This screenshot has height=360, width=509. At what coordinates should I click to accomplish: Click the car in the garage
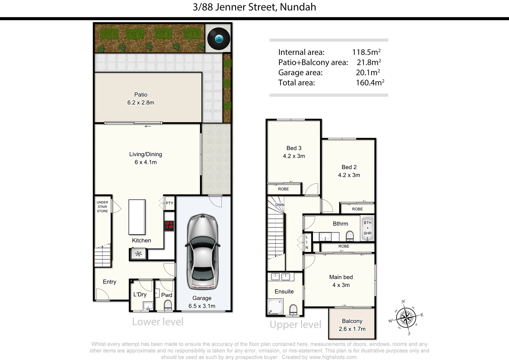(x=203, y=252)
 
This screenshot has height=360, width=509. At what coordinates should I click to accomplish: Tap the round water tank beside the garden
(x=219, y=39)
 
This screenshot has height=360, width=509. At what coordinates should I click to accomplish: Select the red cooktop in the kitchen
(x=169, y=226)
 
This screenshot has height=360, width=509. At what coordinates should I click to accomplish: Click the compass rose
(x=406, y=318)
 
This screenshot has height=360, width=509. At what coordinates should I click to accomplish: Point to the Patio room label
(x=141, y=95)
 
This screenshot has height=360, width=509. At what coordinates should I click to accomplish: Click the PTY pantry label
(x=169, y=203)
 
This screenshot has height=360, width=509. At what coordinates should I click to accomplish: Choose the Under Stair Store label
(x=102, y=207)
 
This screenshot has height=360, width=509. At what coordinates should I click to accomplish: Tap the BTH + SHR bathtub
(x=367, y=228)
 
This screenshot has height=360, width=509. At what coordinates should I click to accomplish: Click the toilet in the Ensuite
(x=293, y=310)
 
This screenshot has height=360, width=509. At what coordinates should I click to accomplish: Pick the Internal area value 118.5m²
(x=366, y=52)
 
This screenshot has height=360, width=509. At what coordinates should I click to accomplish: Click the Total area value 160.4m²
(x=370, y=83)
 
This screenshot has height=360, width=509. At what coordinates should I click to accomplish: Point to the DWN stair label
(x=280, y=205)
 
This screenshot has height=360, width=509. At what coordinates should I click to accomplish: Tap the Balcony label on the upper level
(x=352, y=321)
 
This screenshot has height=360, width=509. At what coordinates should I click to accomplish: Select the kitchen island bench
(x=137, y=217)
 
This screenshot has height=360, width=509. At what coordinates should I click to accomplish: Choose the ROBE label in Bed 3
(x=283, y=189)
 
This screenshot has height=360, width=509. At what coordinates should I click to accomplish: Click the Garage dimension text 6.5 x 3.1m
(x=202, y=306)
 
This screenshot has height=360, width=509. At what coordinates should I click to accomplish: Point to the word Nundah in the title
(x=298, y=7)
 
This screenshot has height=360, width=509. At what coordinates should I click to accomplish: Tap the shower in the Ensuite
(x=275, y=307)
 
